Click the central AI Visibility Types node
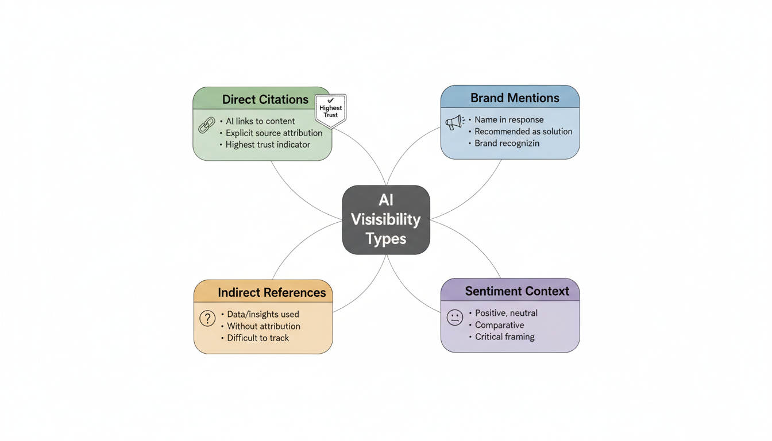pos(386,219)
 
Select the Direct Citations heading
pos(265,99)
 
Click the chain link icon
pos(206,125)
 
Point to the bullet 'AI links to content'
pos(260,121)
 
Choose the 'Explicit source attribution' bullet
pos(274,133)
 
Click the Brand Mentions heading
pos(515,98)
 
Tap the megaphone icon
pos(455,122)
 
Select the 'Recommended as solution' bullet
pos(523,131)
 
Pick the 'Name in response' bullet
pos(509,119)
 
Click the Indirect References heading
pos(272,292)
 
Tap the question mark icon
pos(207,318)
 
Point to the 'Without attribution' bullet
pos(264,326)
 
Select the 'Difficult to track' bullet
pos(258,338)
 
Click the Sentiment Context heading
pos(517,291)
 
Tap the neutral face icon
pos(455,318)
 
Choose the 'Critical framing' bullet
pos(505,336)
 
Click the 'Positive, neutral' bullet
pos(506,313)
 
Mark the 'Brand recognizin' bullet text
pos(507,144)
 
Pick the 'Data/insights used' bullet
pos(263,314)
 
